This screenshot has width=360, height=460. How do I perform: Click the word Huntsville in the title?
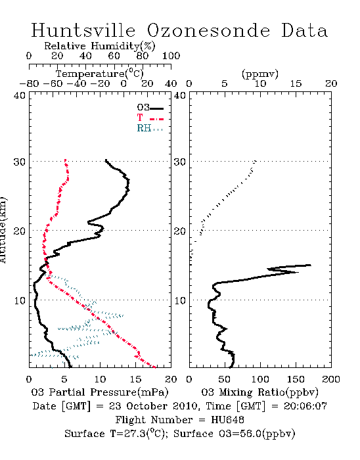click(x=83, y=30)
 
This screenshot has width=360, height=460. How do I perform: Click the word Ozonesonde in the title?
click(x=208, y=30)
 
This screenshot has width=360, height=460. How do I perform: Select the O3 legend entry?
click(x=150, y=108)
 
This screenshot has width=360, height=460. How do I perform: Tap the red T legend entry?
click(x=150, y=118)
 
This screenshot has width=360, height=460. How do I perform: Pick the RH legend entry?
click(x=150, y=128)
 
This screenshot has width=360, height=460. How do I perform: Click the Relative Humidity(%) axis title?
click(x=100, y=46)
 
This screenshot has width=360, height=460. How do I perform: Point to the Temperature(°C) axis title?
click(x=100, y=74)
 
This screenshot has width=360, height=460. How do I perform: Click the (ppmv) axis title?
click(x=259, y=74)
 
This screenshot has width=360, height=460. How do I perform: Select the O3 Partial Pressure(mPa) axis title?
click(x=100, y=392)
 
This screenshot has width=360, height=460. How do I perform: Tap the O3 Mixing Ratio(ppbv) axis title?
click(x=259, y=392)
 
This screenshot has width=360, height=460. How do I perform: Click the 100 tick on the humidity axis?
click(x=171, y=56)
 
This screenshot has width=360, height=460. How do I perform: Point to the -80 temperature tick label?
click(x=29, y=83)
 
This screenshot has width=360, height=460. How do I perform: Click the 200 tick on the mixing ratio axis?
click(x=331, y=379)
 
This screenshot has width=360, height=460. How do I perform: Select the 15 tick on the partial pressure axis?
click(x=135, y=379)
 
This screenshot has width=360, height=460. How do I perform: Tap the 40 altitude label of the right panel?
click(x=180, y=95)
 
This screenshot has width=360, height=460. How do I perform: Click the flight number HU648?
click(x=227, y=420)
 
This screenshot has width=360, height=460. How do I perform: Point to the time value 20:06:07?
click(x=305, y=406)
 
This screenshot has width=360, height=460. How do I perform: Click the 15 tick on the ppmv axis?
click(x=296, y=83)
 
